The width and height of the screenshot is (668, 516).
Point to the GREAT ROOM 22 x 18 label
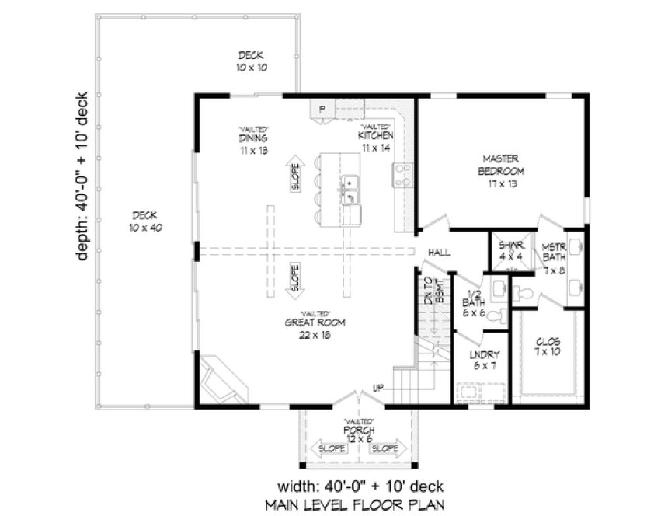pyautogui.click(x=315, y=328)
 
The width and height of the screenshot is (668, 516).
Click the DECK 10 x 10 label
pyautogui.click(x=251, y=61)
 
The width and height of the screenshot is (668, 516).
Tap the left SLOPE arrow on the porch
pyautogui.click(x=329, y=449)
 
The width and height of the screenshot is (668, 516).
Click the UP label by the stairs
pyautogui.click(x=377, y=386)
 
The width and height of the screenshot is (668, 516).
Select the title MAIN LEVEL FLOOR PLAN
pyautogui.click(x=355, y=503)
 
